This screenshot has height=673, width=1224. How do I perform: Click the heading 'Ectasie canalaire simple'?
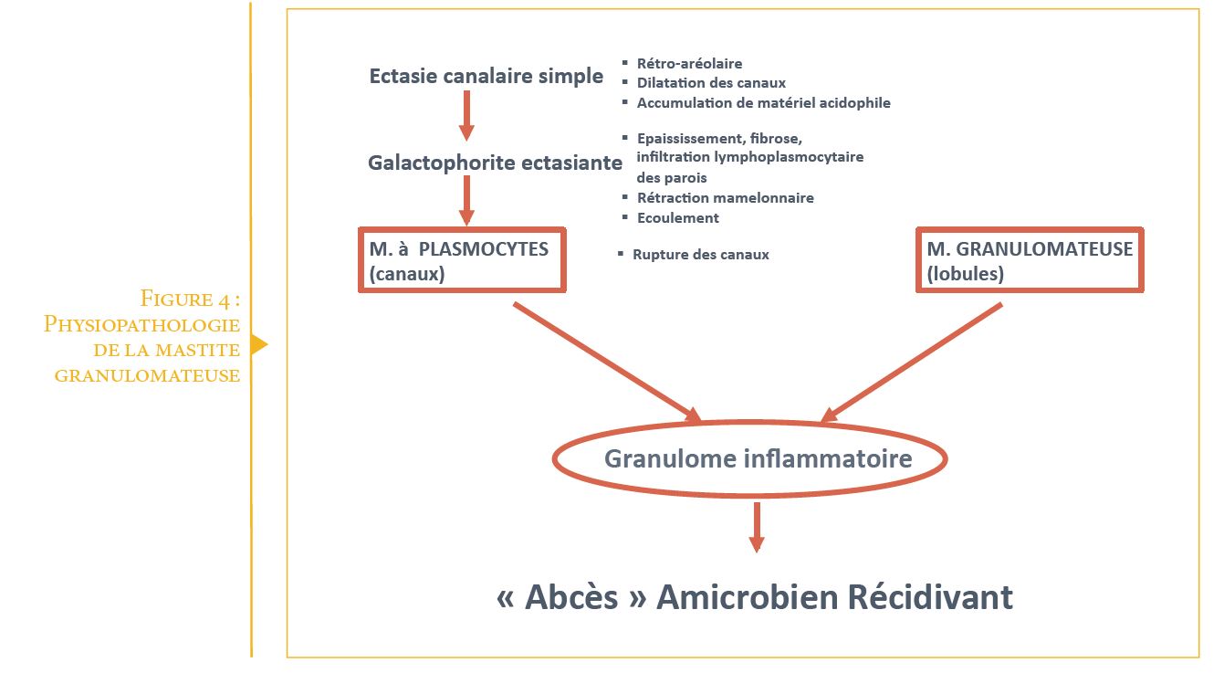coord(486,76)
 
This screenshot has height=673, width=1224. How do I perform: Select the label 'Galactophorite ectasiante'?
coord(495,163)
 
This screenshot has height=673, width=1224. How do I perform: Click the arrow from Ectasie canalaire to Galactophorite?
coord(466,115)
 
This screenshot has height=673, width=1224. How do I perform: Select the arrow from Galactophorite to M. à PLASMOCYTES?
coord(466,200)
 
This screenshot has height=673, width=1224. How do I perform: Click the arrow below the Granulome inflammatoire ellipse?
coord(757,528)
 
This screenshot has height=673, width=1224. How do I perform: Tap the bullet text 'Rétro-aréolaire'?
coord(690,63)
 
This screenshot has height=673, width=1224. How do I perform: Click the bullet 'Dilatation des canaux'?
coord(711,83)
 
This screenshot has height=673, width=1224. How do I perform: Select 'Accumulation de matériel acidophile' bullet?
coord(764,103)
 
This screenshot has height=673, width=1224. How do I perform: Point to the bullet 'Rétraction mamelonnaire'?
coord(725,198)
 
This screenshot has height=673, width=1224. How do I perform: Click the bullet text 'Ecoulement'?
coord(677,218)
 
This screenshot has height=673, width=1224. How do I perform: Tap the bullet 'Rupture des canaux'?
coord(700,255)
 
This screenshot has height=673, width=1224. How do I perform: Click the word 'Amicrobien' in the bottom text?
coord(747,597)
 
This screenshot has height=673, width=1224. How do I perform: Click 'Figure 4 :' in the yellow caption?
coord(190,299)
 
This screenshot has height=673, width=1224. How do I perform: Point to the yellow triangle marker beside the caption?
coord(259,344)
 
